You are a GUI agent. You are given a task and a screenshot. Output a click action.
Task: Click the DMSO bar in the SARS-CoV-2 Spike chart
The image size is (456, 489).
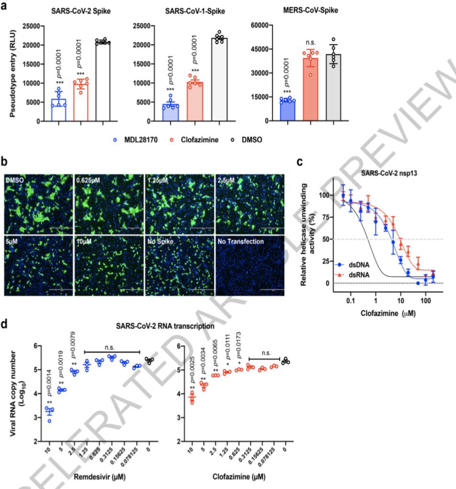click(x=103, y=81)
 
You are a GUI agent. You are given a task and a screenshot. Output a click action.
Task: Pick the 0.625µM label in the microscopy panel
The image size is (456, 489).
click(x=89, y=181)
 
